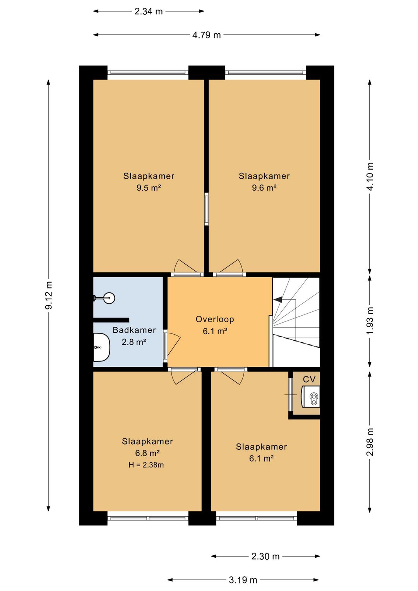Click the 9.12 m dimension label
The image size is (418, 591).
point(49,295)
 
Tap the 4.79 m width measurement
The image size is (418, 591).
point(206,35)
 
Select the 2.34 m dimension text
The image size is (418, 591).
point(149,12)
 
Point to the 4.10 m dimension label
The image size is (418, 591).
point(370,176)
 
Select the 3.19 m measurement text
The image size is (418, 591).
point(243,580)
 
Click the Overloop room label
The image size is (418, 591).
point(215,319)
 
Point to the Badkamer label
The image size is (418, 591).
point(134,330)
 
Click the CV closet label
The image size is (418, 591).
point(309,380)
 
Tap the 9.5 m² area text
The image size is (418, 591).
point(149,188)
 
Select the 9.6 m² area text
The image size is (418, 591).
point(264,188)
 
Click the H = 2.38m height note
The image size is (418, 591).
point(146,465)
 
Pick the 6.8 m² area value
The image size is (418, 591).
point(147,453)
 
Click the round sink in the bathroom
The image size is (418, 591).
point(109,298)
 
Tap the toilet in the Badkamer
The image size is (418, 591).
point(101,347)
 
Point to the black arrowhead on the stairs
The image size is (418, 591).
point(278,299)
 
